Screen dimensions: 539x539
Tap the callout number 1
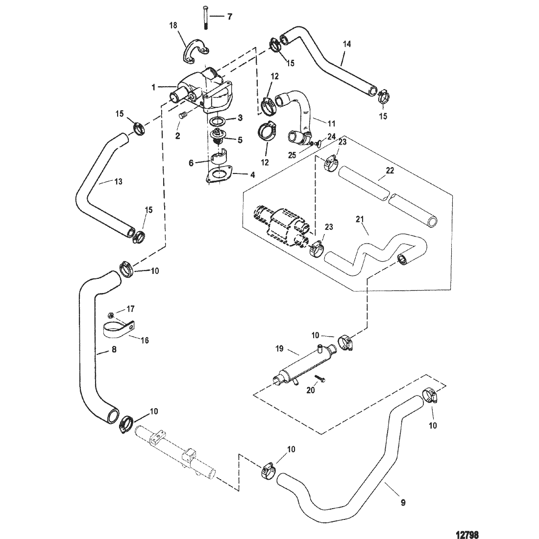154,87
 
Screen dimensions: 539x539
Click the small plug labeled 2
183,116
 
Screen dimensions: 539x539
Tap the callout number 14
347,44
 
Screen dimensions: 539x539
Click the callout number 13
118,181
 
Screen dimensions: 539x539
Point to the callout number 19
279,348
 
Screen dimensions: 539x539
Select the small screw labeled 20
319,378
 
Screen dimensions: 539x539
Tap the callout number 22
390,171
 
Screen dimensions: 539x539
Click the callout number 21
360,220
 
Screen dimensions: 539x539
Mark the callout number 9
403,503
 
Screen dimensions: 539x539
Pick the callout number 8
114,349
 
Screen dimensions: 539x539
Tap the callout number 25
292,155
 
